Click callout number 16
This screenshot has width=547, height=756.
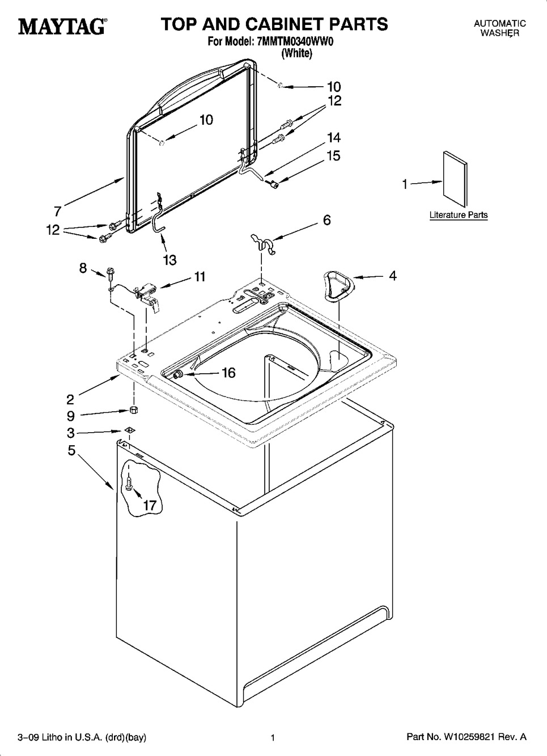(228, 373)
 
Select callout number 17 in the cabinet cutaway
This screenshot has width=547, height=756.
(150, 505)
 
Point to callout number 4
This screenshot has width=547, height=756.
(392, 276)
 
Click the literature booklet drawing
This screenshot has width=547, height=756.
(455, 179)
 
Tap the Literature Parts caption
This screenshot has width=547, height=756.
(459, 215)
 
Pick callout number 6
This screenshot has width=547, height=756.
(327, 220)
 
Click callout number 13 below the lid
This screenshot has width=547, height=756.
(169, 260)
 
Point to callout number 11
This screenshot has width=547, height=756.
(200, 277)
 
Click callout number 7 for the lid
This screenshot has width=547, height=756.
(58, 212)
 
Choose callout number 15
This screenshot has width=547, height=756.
(333, 156)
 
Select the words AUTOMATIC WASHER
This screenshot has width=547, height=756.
(500, 28)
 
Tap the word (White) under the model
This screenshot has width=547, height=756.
(297, 53)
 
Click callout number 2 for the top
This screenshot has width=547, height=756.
(70, 400)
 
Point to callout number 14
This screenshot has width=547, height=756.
(333, 138)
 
